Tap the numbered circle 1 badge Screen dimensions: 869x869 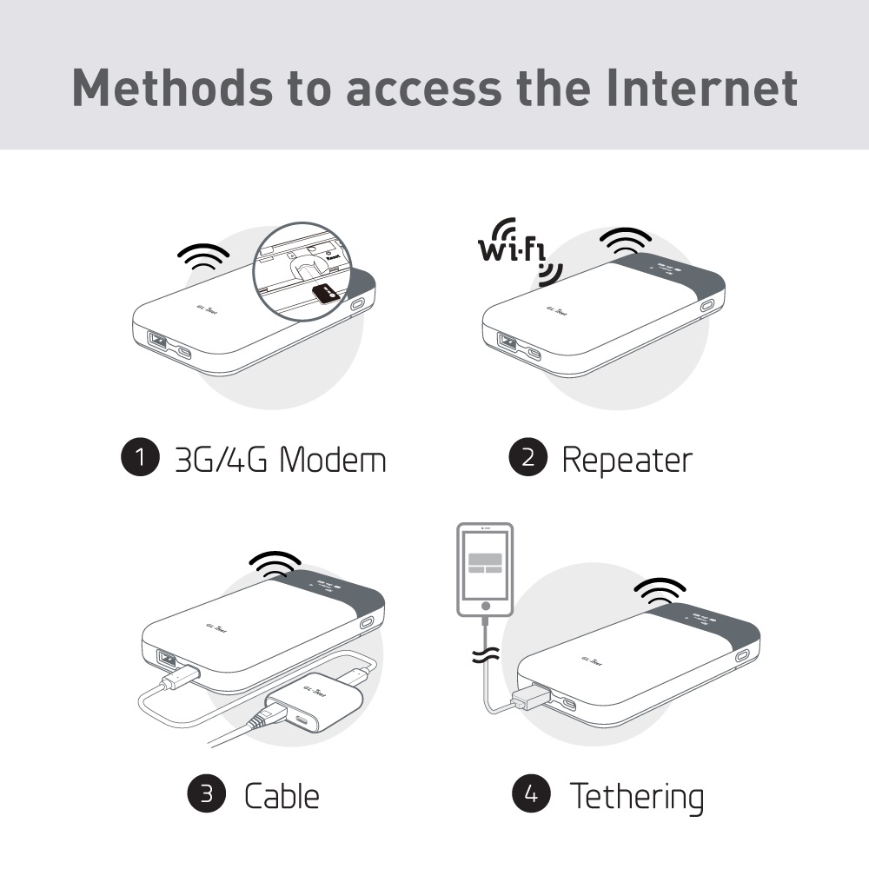[x=140, y=459]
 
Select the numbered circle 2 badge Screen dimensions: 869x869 [x=527, y=459]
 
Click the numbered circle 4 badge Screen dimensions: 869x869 [x=531, y=793]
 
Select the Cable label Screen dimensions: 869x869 [x=281, y=794]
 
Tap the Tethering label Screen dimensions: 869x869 [x=636, y=794]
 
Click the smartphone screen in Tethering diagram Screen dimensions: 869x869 [x=485, y=566]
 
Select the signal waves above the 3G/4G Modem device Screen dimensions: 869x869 [x=202, y=255]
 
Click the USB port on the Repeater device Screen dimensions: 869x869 [x=506, y=342]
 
